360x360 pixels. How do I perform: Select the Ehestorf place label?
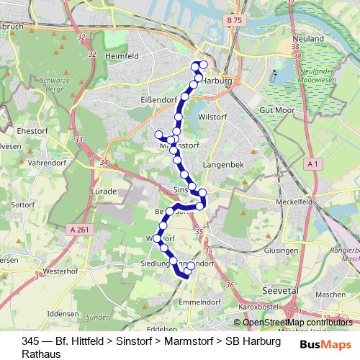30,131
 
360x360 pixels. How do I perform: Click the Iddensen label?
61,315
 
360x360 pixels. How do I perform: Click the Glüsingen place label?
282,250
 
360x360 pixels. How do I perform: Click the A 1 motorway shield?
312,165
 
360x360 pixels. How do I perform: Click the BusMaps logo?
325,345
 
